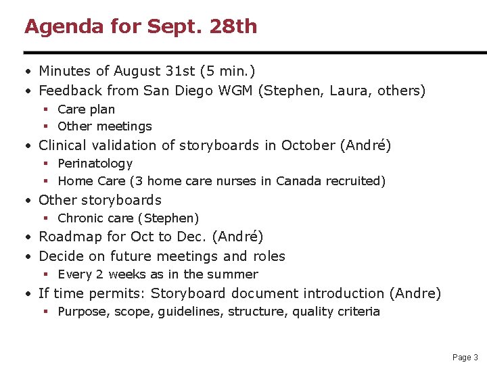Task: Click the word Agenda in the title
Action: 57,27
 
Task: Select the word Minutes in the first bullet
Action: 66,71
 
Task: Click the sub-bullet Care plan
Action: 86,109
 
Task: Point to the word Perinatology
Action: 95,164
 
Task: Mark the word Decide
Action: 62,256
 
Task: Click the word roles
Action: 269,256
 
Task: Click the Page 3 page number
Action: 465,357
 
